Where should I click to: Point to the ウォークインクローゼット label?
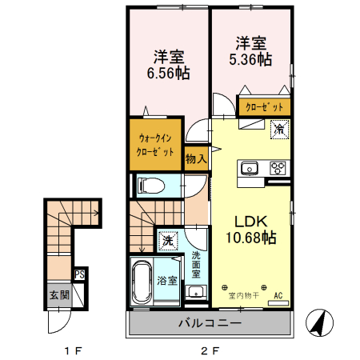[x=155, y=144]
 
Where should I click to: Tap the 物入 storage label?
[x=196, y=158]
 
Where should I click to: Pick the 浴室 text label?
[x=167, y=281]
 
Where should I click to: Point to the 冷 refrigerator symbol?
[x=280, y=128]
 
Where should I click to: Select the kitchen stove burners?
[x=278, y=168]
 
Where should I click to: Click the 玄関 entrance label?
[x=59, y=294]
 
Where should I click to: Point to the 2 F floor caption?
[x=209, y=350]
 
